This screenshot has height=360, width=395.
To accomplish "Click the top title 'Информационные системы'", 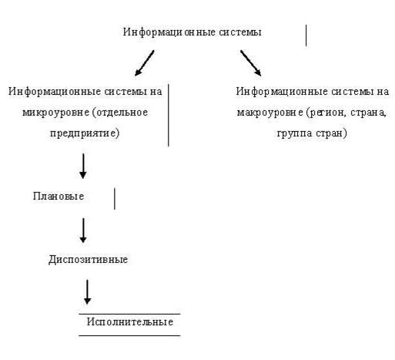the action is [192, 32].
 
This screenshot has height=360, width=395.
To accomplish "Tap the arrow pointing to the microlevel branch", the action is [144, 63].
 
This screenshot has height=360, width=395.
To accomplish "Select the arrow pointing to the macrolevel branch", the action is [251, 63].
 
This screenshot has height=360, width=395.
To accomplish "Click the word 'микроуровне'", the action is [55, 113].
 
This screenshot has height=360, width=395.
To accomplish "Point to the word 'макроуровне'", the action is [270, 113].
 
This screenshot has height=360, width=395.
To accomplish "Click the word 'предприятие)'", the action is [85, 133].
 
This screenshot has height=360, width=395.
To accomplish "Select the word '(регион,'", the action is [325, 113].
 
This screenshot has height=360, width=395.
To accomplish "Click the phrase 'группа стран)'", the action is [312, 133].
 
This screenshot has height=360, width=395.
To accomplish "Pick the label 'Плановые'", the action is [59, 196].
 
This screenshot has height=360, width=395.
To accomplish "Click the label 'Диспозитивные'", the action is [88, 259].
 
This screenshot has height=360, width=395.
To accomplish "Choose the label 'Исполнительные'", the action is [130, 321].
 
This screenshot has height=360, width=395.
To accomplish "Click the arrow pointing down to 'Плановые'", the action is [83, 166].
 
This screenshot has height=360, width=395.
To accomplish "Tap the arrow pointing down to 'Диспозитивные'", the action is [83, 230].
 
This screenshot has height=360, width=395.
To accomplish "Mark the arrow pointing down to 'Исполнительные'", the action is [88, 292].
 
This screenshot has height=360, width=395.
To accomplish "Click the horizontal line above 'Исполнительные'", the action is [129, 314].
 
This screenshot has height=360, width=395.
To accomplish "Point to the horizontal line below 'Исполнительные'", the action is [129, 335].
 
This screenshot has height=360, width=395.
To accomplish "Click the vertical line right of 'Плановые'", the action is [115, 199].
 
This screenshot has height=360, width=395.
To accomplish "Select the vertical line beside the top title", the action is [306, 35].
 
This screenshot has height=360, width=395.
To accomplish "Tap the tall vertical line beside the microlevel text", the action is [169, 115].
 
